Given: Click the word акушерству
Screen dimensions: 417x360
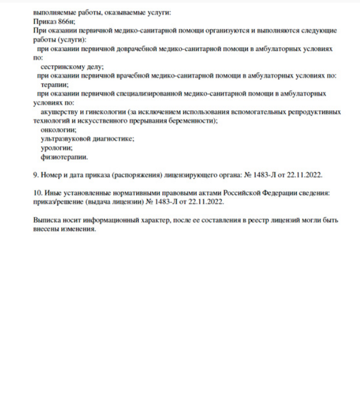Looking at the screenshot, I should tap(60, 112).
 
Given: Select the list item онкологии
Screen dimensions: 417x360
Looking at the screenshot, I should tap(55, 130).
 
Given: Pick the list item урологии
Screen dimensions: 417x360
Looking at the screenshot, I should tap(57, 148).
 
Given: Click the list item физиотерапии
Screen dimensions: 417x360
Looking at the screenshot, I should tap(64, 157).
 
